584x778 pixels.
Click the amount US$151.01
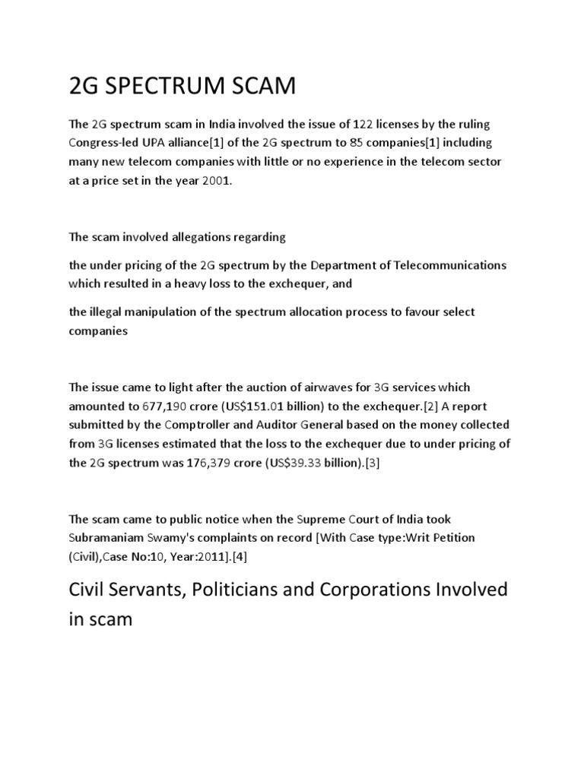point(252,406)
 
